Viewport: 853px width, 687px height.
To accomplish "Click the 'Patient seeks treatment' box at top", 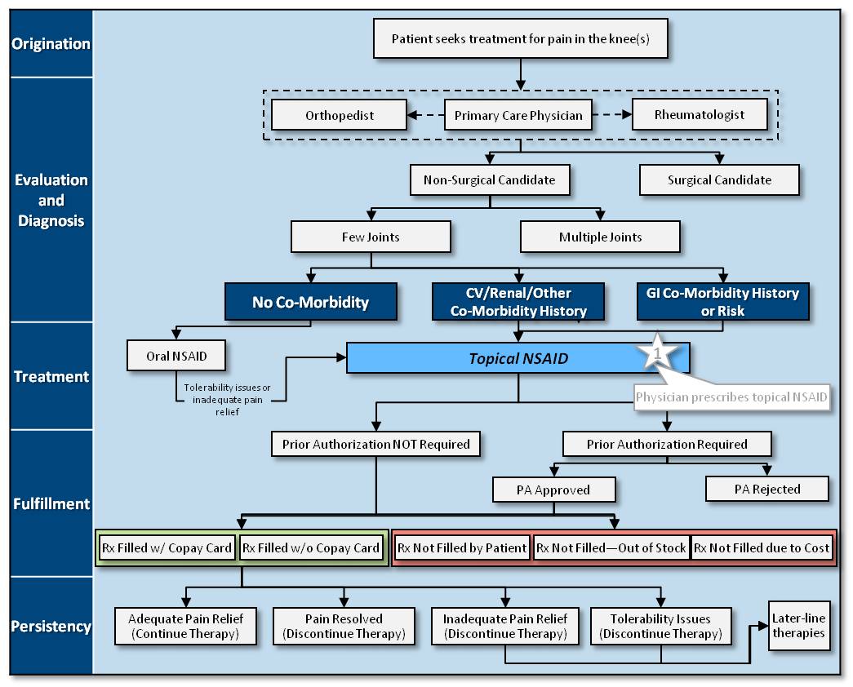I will (520, 39).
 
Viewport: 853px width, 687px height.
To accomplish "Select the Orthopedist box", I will (339, 115).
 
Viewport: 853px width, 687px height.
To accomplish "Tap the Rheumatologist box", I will (700, 114).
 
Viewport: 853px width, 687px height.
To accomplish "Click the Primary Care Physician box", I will (518, 115).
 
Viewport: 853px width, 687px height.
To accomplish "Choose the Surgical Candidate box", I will (719, 180).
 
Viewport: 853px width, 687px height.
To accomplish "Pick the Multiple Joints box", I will (600, 237).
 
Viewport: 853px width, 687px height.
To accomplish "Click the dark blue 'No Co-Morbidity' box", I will (310, 302).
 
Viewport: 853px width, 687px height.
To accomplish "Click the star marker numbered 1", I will (659, 352).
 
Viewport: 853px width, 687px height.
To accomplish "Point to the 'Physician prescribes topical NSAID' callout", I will (732, 398).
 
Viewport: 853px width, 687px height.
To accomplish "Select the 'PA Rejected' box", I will (766, 490).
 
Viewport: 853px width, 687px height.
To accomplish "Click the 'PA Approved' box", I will (553, 490).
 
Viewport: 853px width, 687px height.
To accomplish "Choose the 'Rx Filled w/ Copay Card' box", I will (167, 547).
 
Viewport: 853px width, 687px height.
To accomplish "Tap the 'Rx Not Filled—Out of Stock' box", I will (611, 547).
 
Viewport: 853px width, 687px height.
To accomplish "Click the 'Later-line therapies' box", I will (798, 626).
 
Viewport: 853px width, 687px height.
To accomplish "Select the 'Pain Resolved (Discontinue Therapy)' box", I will (344, 627).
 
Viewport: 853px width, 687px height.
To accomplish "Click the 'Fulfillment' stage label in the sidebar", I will (51, 503).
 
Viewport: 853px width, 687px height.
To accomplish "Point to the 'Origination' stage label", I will (51, 43).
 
